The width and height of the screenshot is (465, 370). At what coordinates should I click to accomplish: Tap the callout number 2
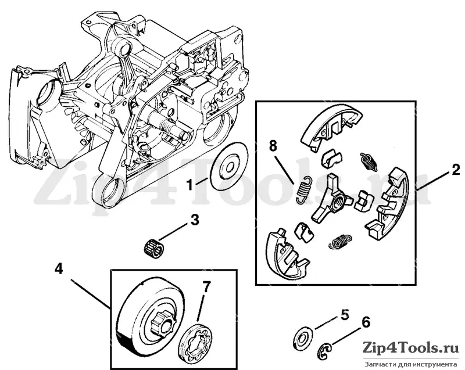click(456, 170)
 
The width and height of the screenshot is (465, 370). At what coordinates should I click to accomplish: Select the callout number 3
click(195, 220)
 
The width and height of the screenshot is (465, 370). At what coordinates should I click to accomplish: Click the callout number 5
click(345, 315)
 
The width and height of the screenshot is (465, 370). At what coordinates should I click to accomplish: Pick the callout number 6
click(366, 322)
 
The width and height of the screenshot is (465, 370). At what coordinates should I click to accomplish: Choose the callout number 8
click(273, 146)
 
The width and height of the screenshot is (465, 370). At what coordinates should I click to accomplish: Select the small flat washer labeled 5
click(302, 337)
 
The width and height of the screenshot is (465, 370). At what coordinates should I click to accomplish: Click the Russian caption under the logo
click(411, 364)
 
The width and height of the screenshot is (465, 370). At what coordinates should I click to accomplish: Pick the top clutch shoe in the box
click(331, 127)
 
